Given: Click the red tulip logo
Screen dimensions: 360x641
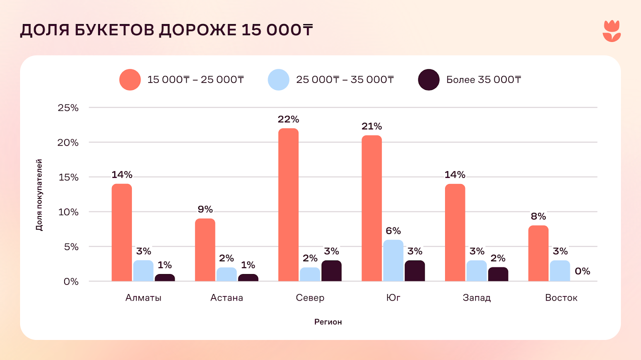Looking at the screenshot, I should click(611, 31).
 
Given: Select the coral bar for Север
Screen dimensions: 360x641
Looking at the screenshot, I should click(288, 205).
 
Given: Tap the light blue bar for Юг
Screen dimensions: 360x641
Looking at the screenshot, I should click(393, 260).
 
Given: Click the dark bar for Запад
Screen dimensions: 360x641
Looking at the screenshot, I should click(498, 274).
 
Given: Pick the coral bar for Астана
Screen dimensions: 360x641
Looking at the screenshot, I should click(205, 250).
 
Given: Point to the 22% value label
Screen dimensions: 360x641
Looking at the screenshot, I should click(288, 119).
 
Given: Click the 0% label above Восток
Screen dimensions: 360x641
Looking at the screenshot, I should click(582, 271).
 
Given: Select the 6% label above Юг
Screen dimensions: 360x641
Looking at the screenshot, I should click(393, 231).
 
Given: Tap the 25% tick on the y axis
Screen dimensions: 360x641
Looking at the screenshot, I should click(68, 108).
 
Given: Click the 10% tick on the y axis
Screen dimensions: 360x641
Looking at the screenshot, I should click(68, 212).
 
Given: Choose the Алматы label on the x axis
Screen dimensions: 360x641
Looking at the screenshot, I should click(143, 298).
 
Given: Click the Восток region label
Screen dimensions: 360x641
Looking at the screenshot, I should click(561, 298).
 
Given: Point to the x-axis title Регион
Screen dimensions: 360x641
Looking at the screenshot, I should click(328, 322).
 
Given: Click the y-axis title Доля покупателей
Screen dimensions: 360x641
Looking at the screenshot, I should click(39, 195).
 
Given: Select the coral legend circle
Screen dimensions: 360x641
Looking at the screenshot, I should click(130, 80).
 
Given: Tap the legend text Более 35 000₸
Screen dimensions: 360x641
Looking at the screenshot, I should click(484, 80).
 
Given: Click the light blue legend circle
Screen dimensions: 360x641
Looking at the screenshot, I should click(278, 80).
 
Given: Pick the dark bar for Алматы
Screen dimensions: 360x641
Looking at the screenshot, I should click(165, 278).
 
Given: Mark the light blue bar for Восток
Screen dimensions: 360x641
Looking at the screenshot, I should click(560, 271).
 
